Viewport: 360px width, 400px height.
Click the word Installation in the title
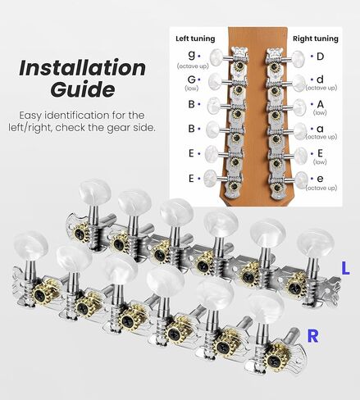pos(81,66)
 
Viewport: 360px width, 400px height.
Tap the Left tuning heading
pos(195,39)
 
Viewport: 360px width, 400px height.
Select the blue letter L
pos(346,266)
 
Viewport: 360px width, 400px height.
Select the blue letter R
pos(312,334)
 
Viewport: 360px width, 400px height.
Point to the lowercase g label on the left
pos(191,56)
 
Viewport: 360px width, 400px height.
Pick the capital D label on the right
pos(319,57)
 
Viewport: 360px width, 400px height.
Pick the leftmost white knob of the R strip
pos(29,245)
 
